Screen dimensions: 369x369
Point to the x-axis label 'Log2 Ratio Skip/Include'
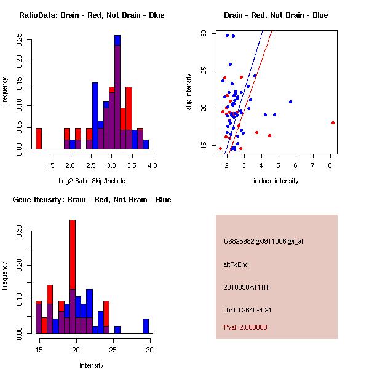click(x=91, y=181)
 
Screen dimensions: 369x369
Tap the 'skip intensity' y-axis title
click(x=189, y=92)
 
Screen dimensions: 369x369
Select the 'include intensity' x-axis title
click(x=276, y=181)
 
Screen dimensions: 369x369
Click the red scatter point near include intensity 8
click(x=333, y=122)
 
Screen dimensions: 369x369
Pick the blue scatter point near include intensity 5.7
click(x=290, y=101)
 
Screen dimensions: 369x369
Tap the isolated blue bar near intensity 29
click(x=146, y=326)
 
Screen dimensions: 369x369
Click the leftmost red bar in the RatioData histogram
click(x=39, y=138)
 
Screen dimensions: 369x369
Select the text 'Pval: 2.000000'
click(x=246, y=327)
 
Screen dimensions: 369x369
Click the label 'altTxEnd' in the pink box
click(x=236, y=264)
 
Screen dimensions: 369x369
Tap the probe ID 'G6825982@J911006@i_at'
click(x=263, y=241)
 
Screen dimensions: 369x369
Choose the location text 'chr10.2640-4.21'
click(x=248, y=309)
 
